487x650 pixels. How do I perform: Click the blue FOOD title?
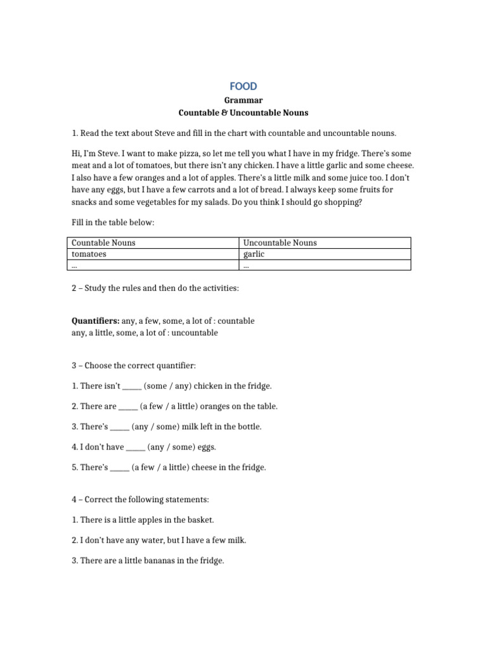(243, 86)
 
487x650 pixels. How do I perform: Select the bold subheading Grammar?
(243, 100)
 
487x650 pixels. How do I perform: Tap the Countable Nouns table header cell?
(103, 242)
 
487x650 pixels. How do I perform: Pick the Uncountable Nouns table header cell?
(280, 242)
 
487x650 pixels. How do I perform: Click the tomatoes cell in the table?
(89, 254)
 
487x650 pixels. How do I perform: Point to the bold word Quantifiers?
(95, 321)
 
